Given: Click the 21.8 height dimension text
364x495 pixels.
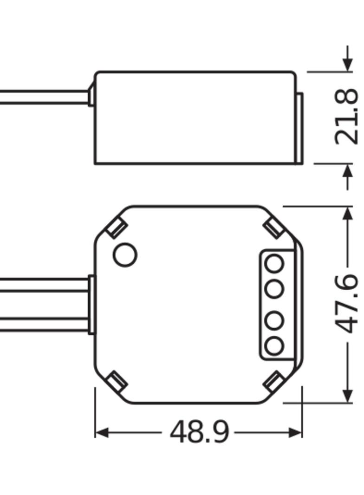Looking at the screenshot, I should pyautogui.click(x=346, y=117).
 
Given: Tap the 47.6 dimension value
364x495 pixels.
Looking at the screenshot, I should pyautogui.click(x=346, y=304).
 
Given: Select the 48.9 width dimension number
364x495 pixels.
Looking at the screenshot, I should pyautogui.click(x=199, y=432).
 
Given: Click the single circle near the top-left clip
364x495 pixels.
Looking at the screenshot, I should pyautogui.click(x=125, y=255).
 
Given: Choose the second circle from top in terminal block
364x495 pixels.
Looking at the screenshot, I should pyautogui.click(x=274, y=289).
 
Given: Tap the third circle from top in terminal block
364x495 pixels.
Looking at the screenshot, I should pyautogui.click(x=274, y=320).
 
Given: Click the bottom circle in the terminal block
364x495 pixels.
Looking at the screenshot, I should pyautogui.click(x=274, y=345).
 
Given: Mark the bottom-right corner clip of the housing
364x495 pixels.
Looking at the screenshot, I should pyautogui.click(x=273, y=381).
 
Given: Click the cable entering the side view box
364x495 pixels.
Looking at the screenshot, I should pyautogui.click(x=44, y=97).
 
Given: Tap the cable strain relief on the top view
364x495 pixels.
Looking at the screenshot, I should pyautogui.click(x=91, y=305).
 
